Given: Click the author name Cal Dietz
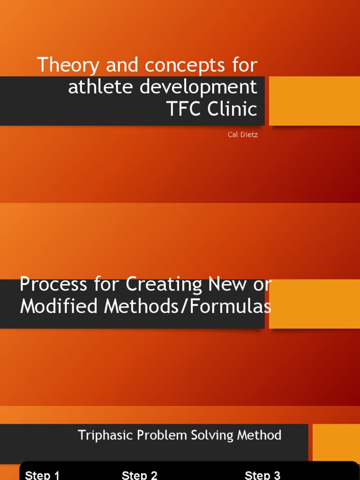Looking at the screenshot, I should [x=242, y=135].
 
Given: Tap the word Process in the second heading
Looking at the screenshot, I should [x=53, y=285].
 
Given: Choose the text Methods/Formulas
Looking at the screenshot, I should [x=187, y=307].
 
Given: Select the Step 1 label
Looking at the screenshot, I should [x=42, y=475].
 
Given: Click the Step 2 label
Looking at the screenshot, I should [x=139, y=475].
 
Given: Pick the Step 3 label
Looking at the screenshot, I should [x=262, y=475].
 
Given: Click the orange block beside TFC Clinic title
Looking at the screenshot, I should [x=315, y=101].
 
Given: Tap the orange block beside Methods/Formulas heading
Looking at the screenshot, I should [x=315, y=304].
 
